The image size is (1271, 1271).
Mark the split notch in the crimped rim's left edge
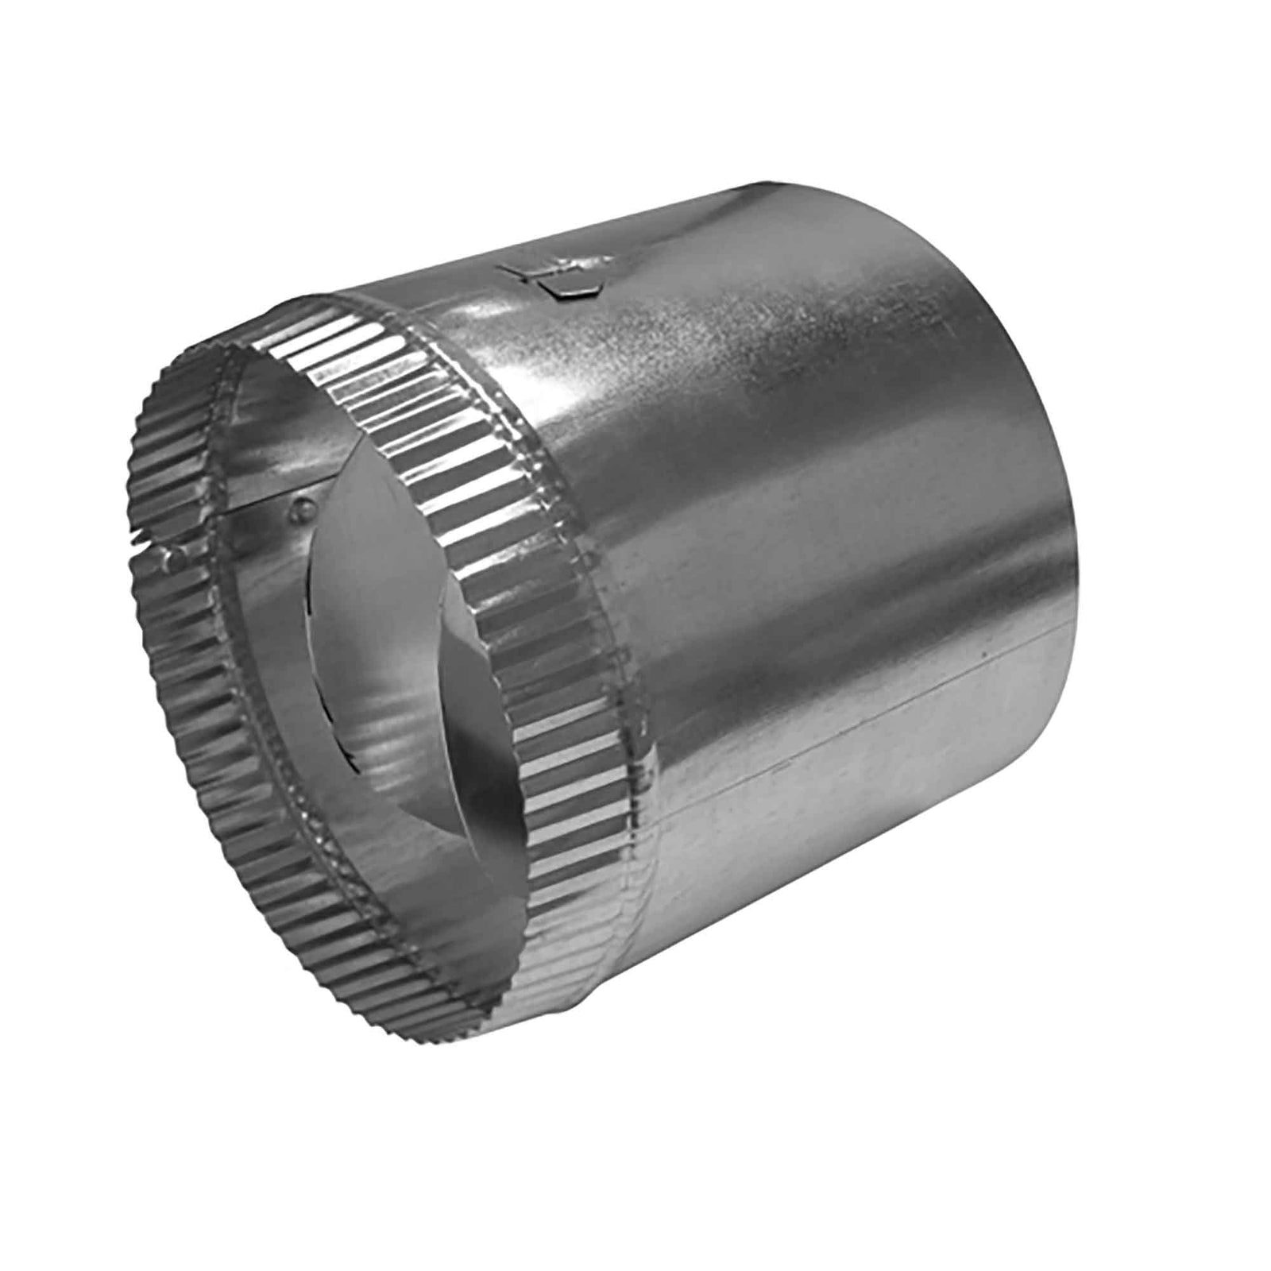point(143,545)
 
